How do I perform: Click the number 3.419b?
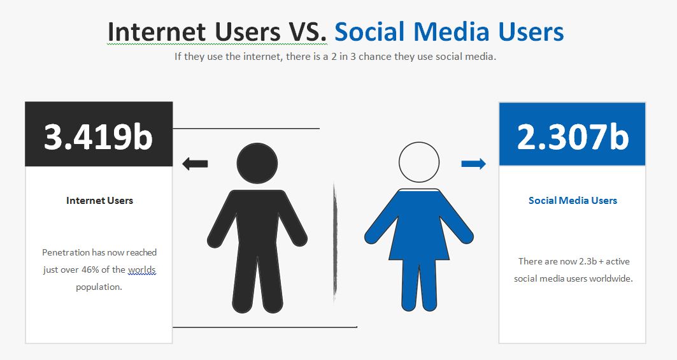(99, 136)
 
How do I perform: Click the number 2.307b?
(573, 136)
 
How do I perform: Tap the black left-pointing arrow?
(195, 164)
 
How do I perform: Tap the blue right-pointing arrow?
(474, 164)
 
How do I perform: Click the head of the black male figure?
(257, 163)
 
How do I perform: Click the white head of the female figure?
(419, 162)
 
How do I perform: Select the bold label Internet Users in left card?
(100, 201)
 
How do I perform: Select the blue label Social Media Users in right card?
(573, 201)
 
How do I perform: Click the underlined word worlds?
(141, 270)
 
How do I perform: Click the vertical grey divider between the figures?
(334, 242)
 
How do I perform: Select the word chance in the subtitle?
(376, 57)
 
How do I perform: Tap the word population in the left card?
(99, 287)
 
